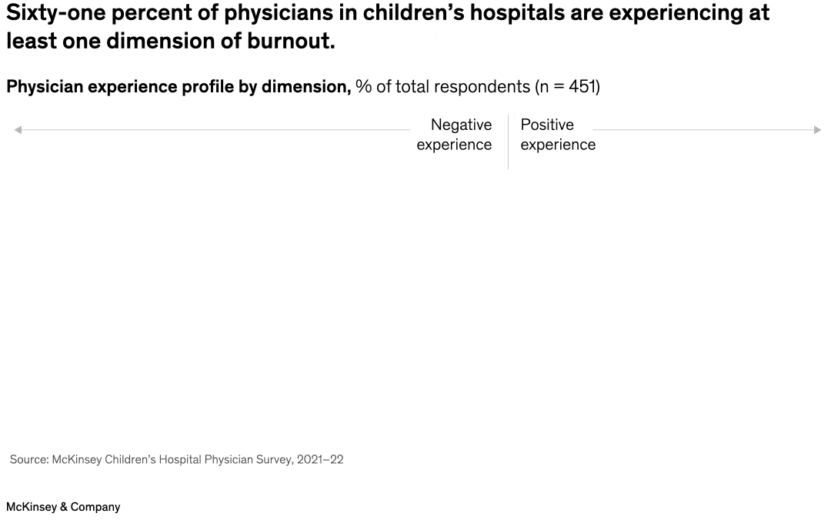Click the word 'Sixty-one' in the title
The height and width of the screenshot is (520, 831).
[54, 13]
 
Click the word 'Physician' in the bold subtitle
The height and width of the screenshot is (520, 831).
[44, 86]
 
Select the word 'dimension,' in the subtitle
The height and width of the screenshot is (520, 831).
[306, 86]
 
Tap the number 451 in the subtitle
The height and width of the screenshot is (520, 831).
[582, 86]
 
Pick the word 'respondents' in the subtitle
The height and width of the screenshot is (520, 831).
[485, 86]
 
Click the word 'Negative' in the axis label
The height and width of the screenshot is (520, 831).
[461, 125]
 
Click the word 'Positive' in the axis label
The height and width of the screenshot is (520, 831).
[547, 125]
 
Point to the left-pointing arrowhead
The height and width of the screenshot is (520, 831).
[18, 130]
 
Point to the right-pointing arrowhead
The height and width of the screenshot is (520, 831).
[818, 130]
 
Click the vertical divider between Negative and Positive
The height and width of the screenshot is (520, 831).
[508, 142]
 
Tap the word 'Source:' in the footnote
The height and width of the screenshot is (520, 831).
[28, 459]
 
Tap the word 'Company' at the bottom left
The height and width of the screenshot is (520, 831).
[95, 507]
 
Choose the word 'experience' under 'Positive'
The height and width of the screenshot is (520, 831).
[558, 145]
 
